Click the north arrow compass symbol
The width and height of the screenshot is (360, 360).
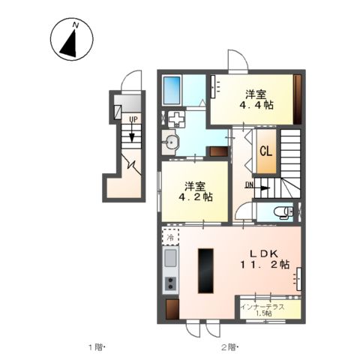click(72, 40)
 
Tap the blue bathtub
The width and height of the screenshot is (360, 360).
click(172, 91)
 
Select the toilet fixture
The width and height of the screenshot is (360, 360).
click(283, 212)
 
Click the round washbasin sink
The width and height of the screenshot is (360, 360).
click(171, 142)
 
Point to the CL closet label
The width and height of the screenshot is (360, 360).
click(266, 151)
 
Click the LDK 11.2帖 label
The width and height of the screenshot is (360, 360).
click(265, 259)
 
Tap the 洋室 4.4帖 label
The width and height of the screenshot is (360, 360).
click(256, 100)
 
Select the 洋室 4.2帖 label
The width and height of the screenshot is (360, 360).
click(196, 192)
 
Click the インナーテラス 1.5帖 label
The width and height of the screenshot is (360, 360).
click(262, 310)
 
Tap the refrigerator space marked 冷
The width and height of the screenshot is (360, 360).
click(170, 236)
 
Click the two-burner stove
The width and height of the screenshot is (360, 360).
click(170, 283)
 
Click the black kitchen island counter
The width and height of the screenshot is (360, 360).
click(205, 271)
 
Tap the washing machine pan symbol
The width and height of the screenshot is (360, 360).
click(176, 119)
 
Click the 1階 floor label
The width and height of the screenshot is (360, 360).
click(96, 347)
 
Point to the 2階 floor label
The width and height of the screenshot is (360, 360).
click(229, 347)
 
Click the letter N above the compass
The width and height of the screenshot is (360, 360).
click(76, 25)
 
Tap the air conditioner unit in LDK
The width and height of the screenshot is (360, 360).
click(298, 279)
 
